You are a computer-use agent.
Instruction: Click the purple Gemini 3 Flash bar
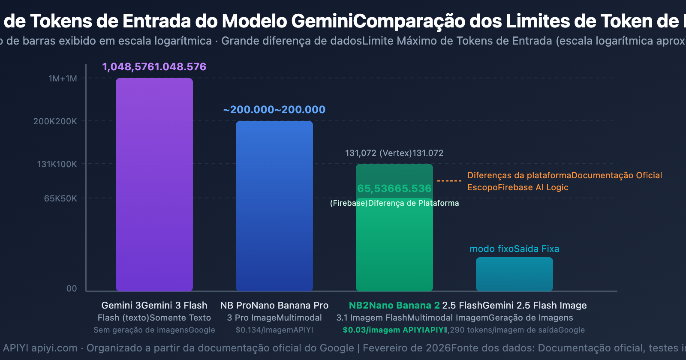[x=154, y=184]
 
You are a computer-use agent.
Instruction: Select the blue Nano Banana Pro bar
[x=274, y=206]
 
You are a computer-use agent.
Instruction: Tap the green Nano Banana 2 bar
[x=394, y=240]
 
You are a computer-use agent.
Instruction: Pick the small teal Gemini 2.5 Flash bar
[x=514, y=274]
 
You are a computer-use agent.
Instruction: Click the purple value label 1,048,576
[x=154, y=67]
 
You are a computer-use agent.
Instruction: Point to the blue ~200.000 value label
[x=274, y=110]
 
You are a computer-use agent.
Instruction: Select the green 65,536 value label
[x=394, y=189]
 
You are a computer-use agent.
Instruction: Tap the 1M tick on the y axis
[x=63, y=78]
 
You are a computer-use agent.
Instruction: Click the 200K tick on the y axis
[x=55, y=121]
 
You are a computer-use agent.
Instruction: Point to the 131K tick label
[x=57, y=164]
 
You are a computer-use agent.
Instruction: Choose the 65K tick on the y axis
[x=60, y=198]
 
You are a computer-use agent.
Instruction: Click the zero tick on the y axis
[x=72, y=288]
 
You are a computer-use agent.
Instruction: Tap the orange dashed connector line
[x=449, y=181]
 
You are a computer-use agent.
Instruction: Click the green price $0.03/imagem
[x=371, y=330]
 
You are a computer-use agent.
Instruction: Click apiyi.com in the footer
[x=54, y=348]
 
